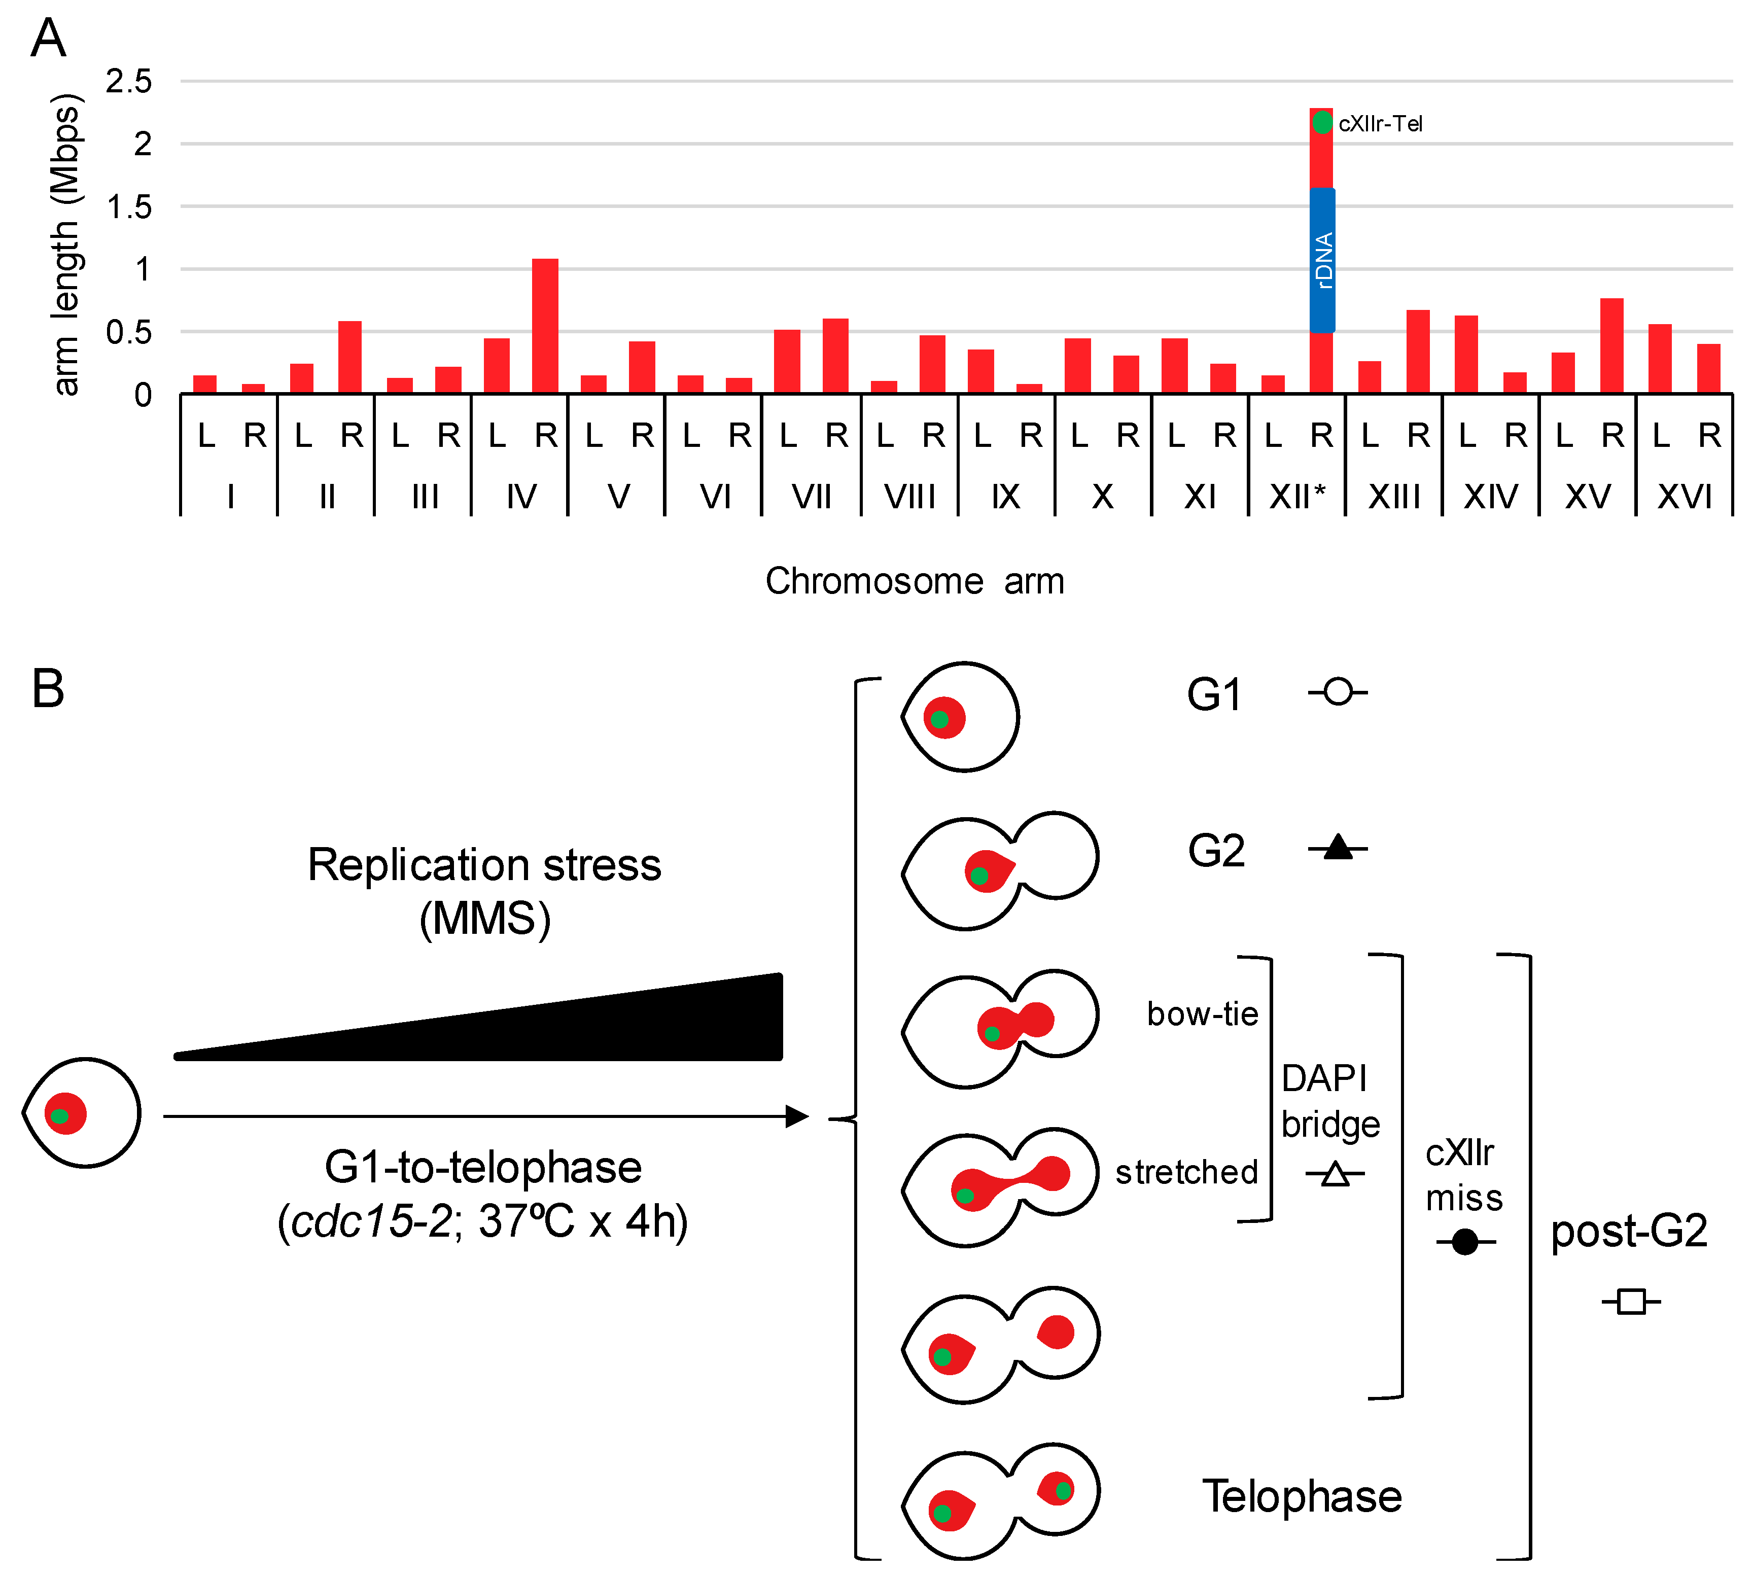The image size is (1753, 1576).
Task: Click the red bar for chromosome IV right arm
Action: coord(545,327)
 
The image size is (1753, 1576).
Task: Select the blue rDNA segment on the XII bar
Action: coord(1322,260)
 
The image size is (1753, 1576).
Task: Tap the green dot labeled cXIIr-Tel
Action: coord(1322,123)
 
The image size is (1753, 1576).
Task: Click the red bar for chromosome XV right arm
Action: coord(1612,346)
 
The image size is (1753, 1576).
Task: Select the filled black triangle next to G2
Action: coord(1338,847)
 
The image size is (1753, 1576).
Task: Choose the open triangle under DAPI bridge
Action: coord(1335,1174)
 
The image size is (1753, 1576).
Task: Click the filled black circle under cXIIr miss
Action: coord(1464,1242)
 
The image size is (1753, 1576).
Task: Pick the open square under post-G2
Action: coord(1631,1302)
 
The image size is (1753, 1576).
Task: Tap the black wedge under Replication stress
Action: coord(606,1031)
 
